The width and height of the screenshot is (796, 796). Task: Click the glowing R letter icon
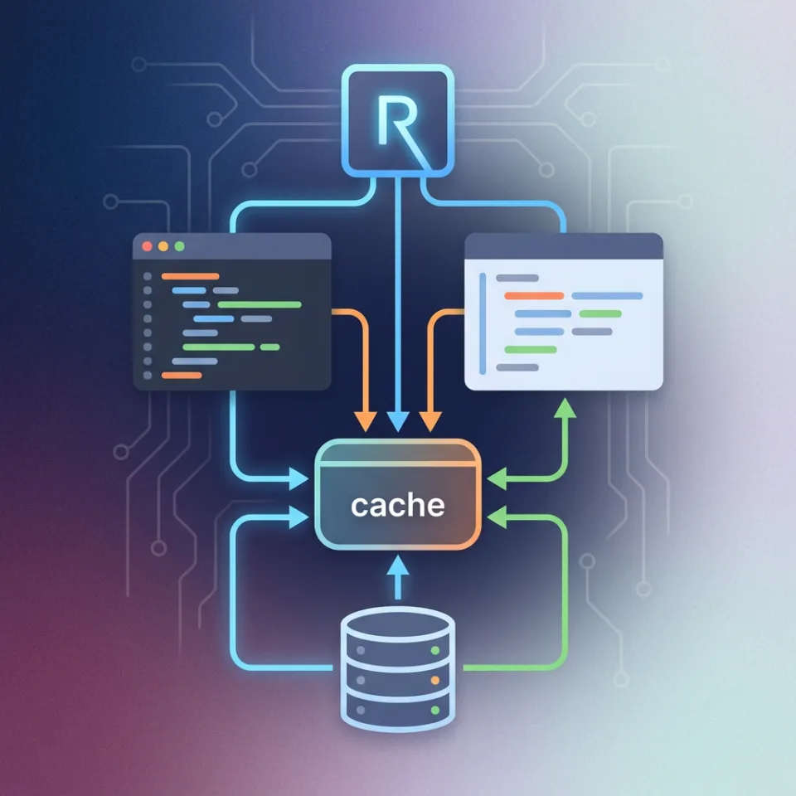click(x=398, y=122)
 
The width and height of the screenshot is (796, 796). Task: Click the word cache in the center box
click(x=397, y=505)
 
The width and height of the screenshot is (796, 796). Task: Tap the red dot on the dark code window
click(x=148, y=247)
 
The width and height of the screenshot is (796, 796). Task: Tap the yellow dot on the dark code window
click(x=163, y=247)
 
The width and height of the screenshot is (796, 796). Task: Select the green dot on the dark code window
click(x=177, y=247)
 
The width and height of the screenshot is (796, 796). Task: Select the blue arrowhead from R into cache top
click(x=398, y=424)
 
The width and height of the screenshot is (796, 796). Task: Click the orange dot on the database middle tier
click(x=435, y=680)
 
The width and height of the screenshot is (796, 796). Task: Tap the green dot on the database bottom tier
click(x=435, y=711)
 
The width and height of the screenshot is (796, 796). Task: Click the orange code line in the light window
click(x=533, y=295)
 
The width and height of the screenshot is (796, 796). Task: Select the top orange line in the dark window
click(x=190, y=276)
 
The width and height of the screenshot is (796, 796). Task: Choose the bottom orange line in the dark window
click(x=182, y=376)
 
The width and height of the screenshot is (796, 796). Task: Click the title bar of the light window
click(x=564, y=245)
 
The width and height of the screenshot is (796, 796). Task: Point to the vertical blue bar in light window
click(x=483, y=318)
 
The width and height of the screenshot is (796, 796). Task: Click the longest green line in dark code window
click(x=259, y=304)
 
